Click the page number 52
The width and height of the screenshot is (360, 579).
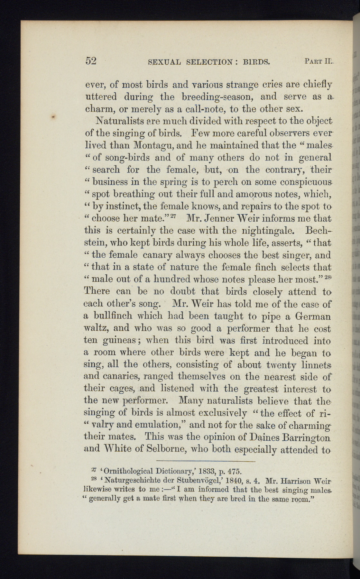[x=91, y=61]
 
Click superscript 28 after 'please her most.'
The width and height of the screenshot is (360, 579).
[x=328, y=277]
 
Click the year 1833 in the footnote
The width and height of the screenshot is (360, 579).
[x=206, y=472]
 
